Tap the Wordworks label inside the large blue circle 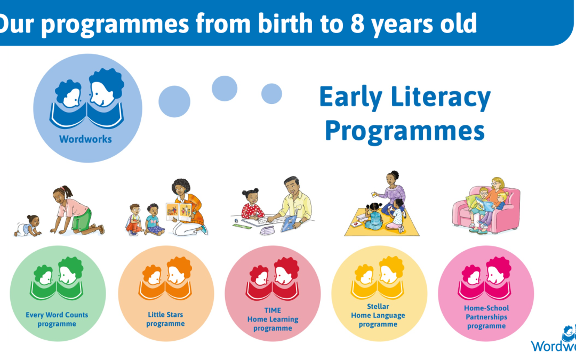pos(85,139)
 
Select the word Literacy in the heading pos(441,98)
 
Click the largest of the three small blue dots pos(174,101)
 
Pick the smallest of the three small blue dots pos(271,94)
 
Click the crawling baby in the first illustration pos(28,226)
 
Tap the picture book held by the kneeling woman pos(179,212)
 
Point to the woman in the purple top pos(392,193)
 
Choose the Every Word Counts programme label pos(57,319)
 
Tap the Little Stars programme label pos(165,319)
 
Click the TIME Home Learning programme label pos(273,319)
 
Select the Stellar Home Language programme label pos(378,315)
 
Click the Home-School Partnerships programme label pos(486,317)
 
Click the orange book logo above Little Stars pos(165,278)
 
